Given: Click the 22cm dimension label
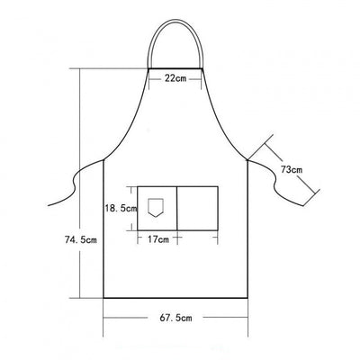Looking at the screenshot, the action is pos(175,78).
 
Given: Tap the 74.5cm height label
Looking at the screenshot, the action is pos(81,239).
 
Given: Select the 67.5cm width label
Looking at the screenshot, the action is pos(175,318).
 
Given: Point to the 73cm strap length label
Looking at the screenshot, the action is pos(292,170).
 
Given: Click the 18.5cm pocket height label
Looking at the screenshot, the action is pos(121,208).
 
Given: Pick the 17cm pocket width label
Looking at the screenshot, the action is pos(158,239).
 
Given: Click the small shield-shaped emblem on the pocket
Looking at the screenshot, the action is pos(156,207).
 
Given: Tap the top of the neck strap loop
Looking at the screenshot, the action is pos(175,21).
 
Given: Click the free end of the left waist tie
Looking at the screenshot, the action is pos(49,205).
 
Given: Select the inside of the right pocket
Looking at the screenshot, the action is pos(197,209).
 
